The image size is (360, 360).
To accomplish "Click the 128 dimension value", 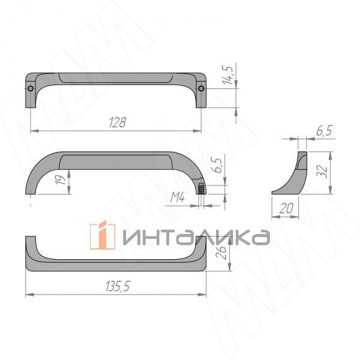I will coord(117,122).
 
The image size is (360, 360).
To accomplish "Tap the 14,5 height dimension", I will coord(227,76).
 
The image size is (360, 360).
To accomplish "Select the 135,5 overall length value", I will coord(118,287).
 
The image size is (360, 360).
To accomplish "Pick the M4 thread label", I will coord(177,196).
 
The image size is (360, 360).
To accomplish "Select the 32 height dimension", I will coord(323,172).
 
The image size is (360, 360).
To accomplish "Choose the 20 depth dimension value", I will coord(286,208).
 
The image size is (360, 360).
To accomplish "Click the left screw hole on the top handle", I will coord(31,89).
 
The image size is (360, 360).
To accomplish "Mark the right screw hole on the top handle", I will coord(202,89).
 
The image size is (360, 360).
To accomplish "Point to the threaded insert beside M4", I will coord(201,189).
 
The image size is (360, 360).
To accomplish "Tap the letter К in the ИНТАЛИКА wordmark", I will coord(238,237).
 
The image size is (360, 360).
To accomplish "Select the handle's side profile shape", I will coord(291,175).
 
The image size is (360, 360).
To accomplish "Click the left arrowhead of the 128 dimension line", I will coord(31,130).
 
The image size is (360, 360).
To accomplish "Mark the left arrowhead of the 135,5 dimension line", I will coord(28,295).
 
